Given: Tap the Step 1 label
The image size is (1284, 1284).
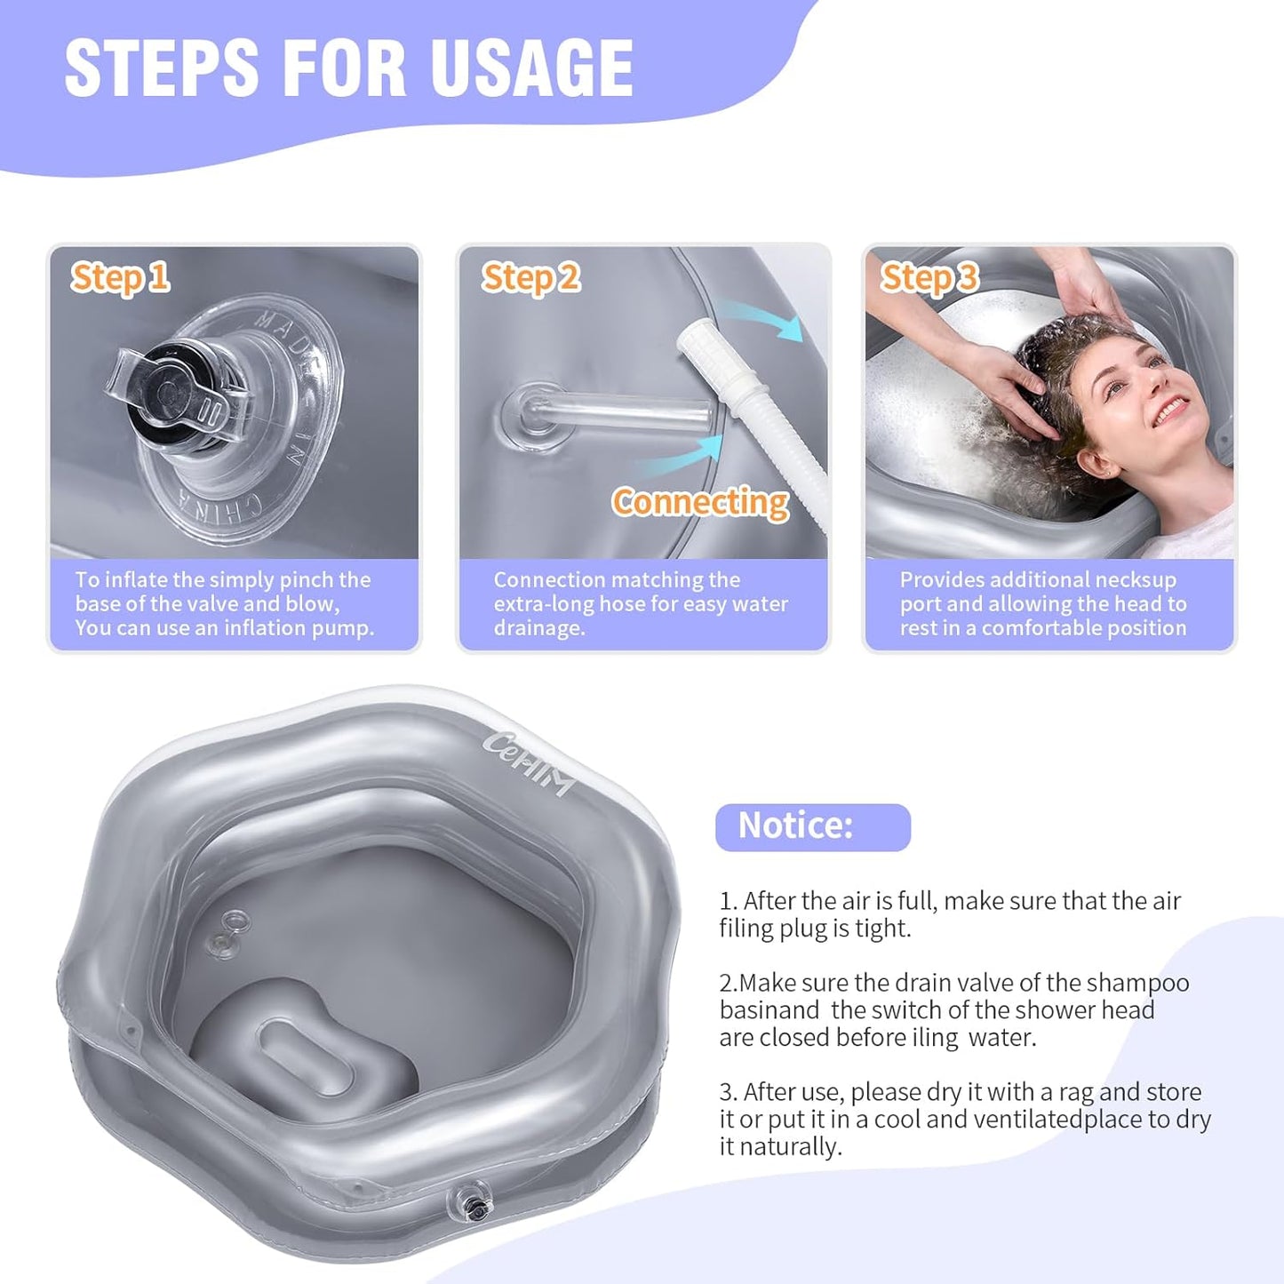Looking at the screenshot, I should coord(120,277).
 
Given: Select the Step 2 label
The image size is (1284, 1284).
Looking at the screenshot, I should coord(530,277).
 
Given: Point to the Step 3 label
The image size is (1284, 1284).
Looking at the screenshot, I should coord(929,277).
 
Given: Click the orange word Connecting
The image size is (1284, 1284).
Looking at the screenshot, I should coord(700,502).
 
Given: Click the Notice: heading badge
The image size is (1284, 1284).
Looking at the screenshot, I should coord(812,826).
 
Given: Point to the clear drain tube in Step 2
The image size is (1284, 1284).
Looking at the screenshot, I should coord(622,414).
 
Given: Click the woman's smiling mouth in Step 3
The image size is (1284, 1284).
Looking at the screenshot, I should coord(1170,411).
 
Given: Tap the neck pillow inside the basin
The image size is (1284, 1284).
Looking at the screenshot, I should coord(302,1049).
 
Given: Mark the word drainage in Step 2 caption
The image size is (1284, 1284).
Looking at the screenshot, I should coord(538,628).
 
